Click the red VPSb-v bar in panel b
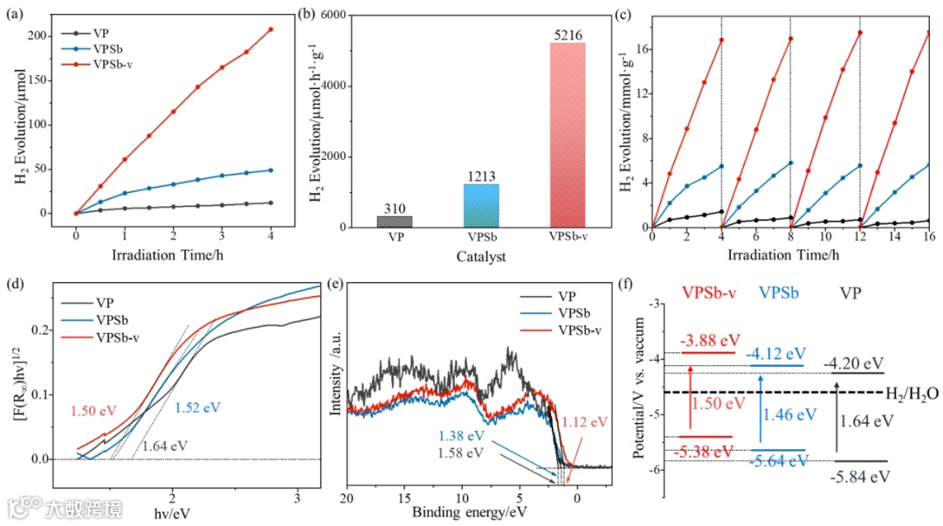(x=568, y=135)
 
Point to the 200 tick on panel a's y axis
(x=59, y=36)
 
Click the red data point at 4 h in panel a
(x=271, y=30)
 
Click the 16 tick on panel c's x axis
(x=927, y=239)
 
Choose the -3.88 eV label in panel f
(x=710, y=341)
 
